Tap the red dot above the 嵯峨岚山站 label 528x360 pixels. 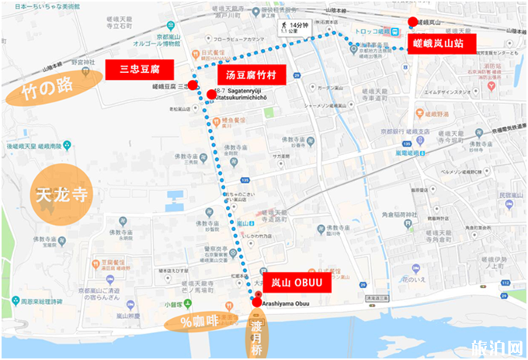(x=413, y=22)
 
